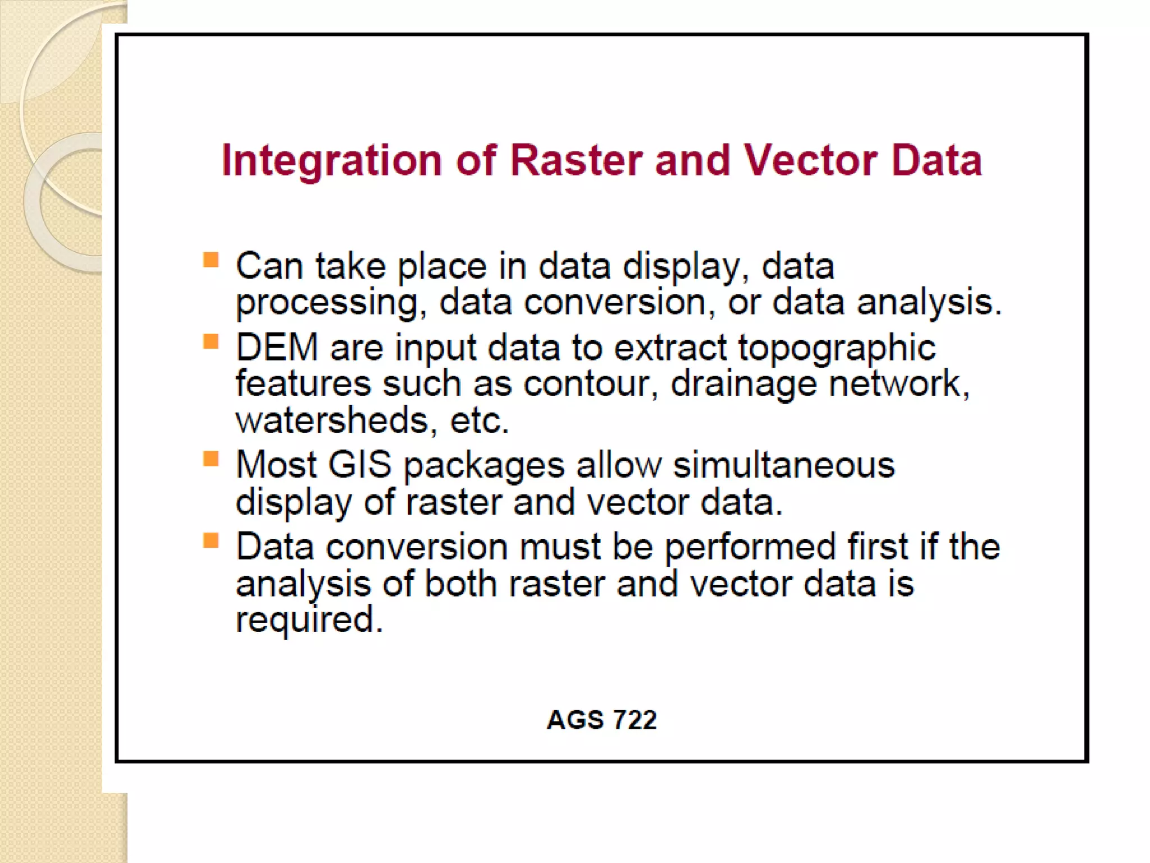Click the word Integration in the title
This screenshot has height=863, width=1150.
click(x=332, y=161)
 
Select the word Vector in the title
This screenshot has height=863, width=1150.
click(x=810, y=161)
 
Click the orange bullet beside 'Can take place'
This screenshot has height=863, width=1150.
click(x=211, y=260)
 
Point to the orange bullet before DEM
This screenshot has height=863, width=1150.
click(x=211, y=341)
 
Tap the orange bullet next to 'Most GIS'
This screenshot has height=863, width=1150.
click(x=211, y=459)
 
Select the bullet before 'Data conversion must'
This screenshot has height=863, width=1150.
click(x=211, y=540)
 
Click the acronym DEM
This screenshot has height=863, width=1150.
click(x=277, y=348)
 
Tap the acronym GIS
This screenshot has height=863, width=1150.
click(x=359, y=465)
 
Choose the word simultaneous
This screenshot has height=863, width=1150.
click(x=783, y=466)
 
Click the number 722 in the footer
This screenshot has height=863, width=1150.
click(x=635, y=720)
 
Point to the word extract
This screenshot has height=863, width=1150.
click(x=670, y=348)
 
